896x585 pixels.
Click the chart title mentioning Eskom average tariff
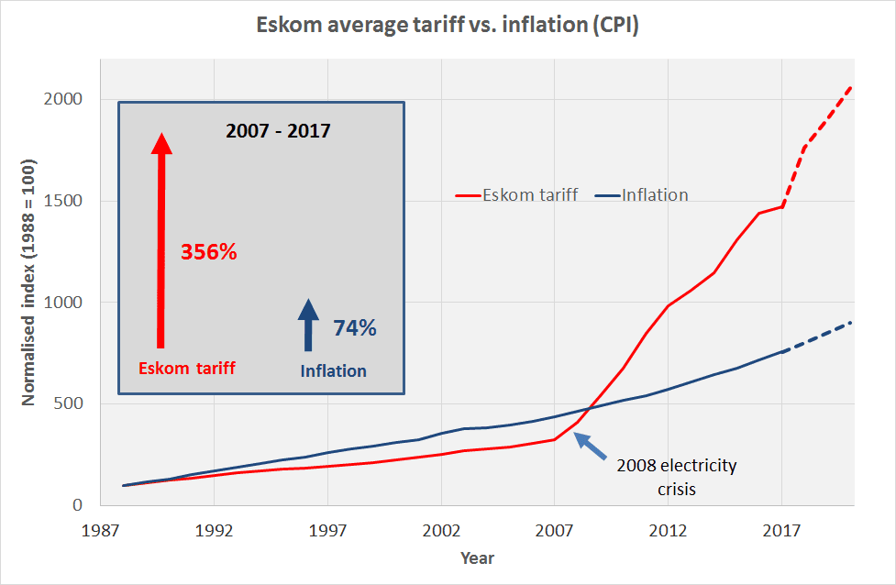(x=447, y=26)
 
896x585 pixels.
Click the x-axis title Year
(x=477, y=557)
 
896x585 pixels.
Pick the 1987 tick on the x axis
(x=101, y=531)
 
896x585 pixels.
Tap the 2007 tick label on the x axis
(x=555, y=531)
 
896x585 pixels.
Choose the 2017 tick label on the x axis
(x=781, y=531)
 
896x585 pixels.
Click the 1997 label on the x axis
(x=327, y=531)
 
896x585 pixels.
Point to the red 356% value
(x=208, y=252)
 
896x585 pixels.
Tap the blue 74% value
(x=354, y=327)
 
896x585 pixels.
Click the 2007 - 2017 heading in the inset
(x=278, y=130)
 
